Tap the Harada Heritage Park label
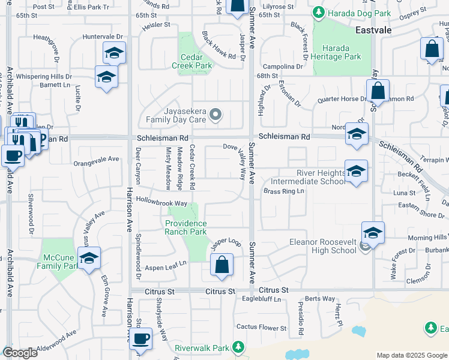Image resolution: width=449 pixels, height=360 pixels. click(x=342, y=52)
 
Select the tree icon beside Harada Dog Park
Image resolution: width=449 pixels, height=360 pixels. click(x=317, y=13)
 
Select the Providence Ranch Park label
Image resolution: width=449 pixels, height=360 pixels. click(x=186, y=227)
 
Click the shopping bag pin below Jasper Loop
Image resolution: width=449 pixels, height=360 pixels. click(x=221, y=265)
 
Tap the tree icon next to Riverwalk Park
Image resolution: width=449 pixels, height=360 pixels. click(x=238, y=347)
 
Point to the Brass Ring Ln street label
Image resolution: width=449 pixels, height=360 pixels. click(x=285, y=191)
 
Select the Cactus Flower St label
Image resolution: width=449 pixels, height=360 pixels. click(x=261, y=328)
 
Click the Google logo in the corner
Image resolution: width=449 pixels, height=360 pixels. click(x=20, y=353)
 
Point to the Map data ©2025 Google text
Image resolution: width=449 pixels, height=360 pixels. click(x=411, y=355)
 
